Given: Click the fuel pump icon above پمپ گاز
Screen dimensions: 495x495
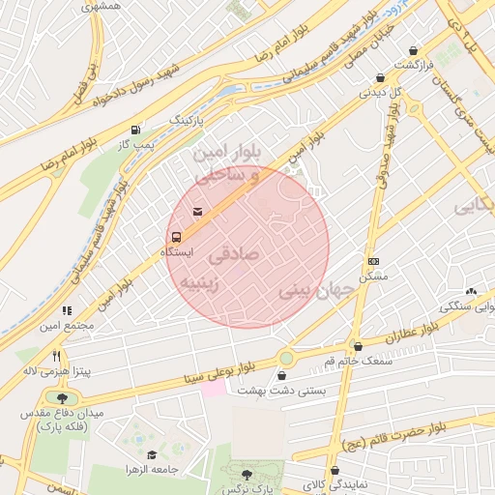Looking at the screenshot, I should tap(134, 130).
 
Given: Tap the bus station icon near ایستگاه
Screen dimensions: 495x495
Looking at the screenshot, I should tap(175, 236).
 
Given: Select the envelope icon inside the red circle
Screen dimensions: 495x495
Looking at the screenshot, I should tap(197, 212).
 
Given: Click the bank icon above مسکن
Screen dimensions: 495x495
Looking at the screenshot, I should tap(373, 261).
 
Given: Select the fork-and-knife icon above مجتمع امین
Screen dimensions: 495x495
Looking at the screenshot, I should tap(67, 310).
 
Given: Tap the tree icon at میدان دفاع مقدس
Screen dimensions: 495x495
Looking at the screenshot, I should tap(63, 397).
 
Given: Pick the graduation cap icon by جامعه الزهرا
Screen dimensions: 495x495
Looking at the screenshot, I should tap(151, 454).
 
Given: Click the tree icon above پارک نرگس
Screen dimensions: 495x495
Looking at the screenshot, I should tap(247, 475).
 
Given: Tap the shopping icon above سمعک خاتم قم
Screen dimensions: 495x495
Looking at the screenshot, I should tap(358, 346).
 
